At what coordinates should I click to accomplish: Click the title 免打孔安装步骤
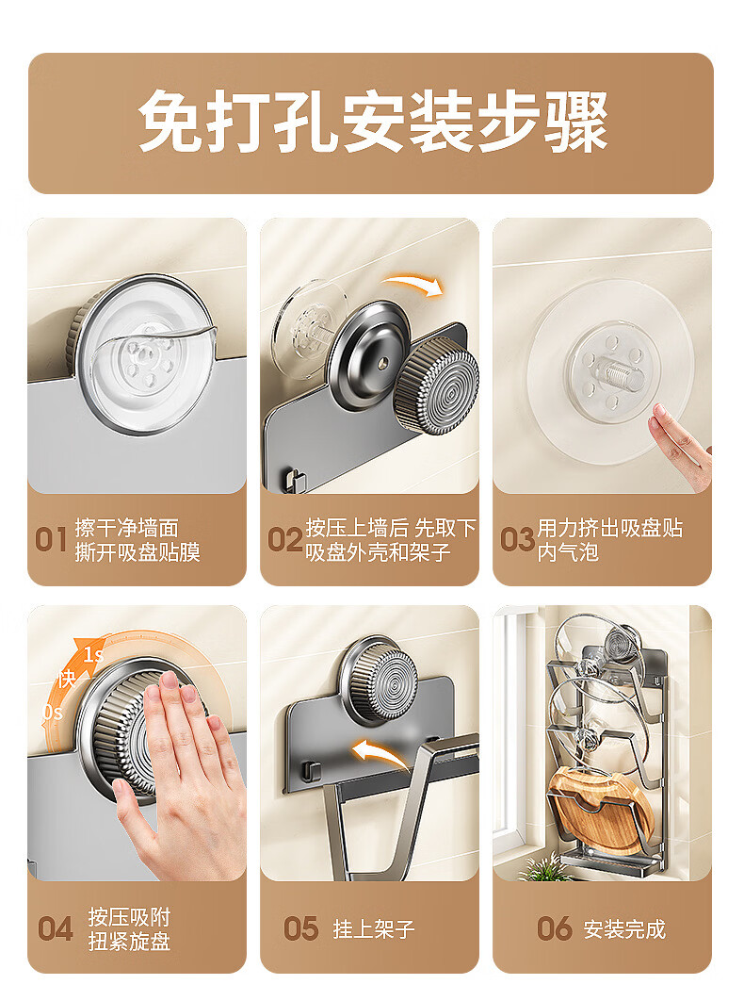pyautogui.click(x=373, y=122)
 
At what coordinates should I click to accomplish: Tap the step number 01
pyautogui.click(x=51, y=540)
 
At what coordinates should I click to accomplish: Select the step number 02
pyautogui.click(x=284, y=540)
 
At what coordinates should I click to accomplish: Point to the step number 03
pyautogui.click(x=517, y=540)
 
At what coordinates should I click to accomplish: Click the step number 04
pyautogui.click(x=56, y=928)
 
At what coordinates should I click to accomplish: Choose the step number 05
pyautogui.click(x=301, y=928)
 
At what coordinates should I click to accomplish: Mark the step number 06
pyautogui.click(x=555, y=928)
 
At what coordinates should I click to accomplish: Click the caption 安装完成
pyautogui.click(x=624, y=929)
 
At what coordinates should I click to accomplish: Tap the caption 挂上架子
pyautogui.click(x=374, y=929)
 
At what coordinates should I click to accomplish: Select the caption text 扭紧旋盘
pyautogui.click(x=130, y=942)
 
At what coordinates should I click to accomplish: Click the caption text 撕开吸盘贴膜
pyautogui.click(x=137, y=552)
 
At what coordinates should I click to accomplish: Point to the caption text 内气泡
pyautogui.click(x=568, y=552)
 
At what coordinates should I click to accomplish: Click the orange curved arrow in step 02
pyautogui.click(x=413, y=284)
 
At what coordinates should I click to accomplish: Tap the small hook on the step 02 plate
pyautogui.click(x=294, y=480)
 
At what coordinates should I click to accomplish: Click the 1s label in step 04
pyautogui.click(x=94, y=655)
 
